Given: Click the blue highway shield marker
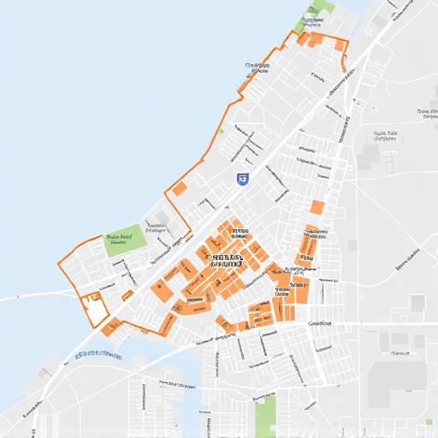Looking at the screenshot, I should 242,179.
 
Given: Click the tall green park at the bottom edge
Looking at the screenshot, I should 266,416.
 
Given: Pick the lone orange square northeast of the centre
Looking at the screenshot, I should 317,206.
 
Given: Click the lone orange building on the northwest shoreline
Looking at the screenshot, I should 181,188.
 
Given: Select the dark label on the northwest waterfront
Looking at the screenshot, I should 254,65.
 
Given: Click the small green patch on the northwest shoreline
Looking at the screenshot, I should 221,131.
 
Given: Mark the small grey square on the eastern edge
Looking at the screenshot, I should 417,303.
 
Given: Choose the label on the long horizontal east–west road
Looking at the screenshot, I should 321,324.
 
